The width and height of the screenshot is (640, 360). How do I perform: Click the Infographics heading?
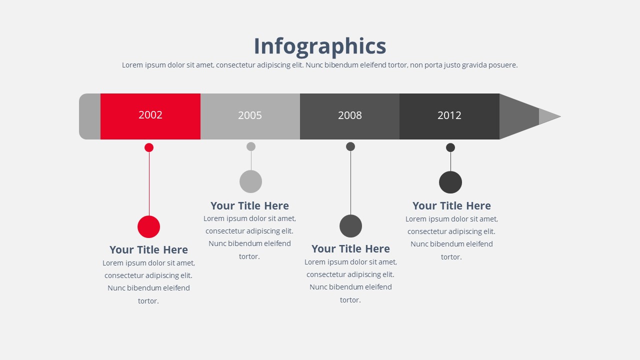[320, 46]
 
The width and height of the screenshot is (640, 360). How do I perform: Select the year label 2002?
[150, 115]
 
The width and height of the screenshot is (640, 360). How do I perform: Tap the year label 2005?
[250, 115]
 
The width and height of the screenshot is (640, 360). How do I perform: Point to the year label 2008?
[350, 115]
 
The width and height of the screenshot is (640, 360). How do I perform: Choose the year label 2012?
[449, 115]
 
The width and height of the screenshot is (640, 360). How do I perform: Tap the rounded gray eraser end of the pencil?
[89, 116]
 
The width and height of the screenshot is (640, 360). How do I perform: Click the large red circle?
[148, 227]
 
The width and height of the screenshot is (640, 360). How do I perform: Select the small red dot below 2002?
[149, 147]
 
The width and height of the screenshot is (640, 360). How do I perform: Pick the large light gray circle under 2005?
[250, 181]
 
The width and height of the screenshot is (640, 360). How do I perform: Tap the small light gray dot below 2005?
[251, 146]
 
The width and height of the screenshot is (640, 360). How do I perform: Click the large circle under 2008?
[350, 226]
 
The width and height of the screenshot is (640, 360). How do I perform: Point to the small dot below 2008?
[350, 146]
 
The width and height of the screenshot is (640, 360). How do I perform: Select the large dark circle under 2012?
[450, 182]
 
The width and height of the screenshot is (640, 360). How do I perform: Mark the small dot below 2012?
[450, 147]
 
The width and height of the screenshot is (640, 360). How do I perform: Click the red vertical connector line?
[149, 184]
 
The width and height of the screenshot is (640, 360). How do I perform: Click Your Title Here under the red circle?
[148, 250]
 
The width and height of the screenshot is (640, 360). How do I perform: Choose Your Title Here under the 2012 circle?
[451, 206]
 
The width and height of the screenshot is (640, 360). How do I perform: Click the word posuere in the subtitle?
[503, 65]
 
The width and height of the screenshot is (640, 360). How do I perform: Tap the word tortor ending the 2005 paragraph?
[249, 256]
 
